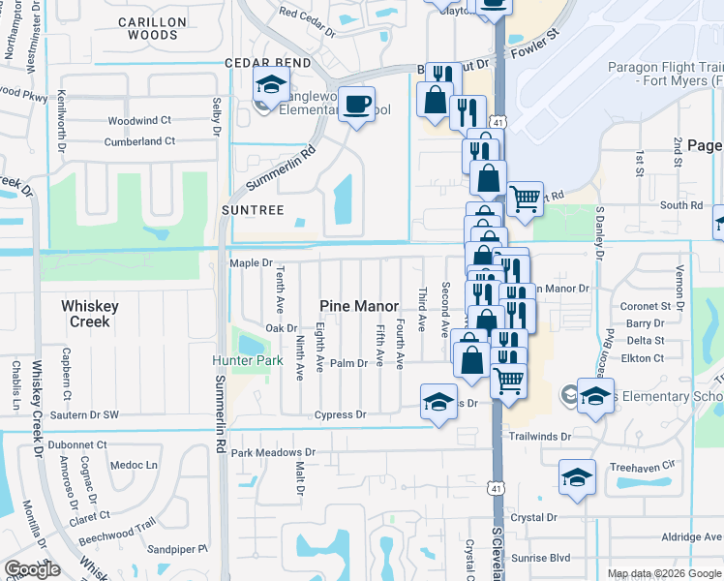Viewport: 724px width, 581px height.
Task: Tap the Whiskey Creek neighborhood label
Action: [90, 313]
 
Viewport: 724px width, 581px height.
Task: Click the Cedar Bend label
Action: [267, 63]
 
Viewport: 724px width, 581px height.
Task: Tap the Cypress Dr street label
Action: [340, 414]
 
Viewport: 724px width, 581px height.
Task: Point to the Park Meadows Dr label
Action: [273, 452]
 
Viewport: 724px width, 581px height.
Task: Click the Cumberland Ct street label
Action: [139, 141]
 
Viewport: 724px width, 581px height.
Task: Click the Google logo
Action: [33, 569]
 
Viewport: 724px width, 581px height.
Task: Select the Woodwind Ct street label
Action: [139, 121]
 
